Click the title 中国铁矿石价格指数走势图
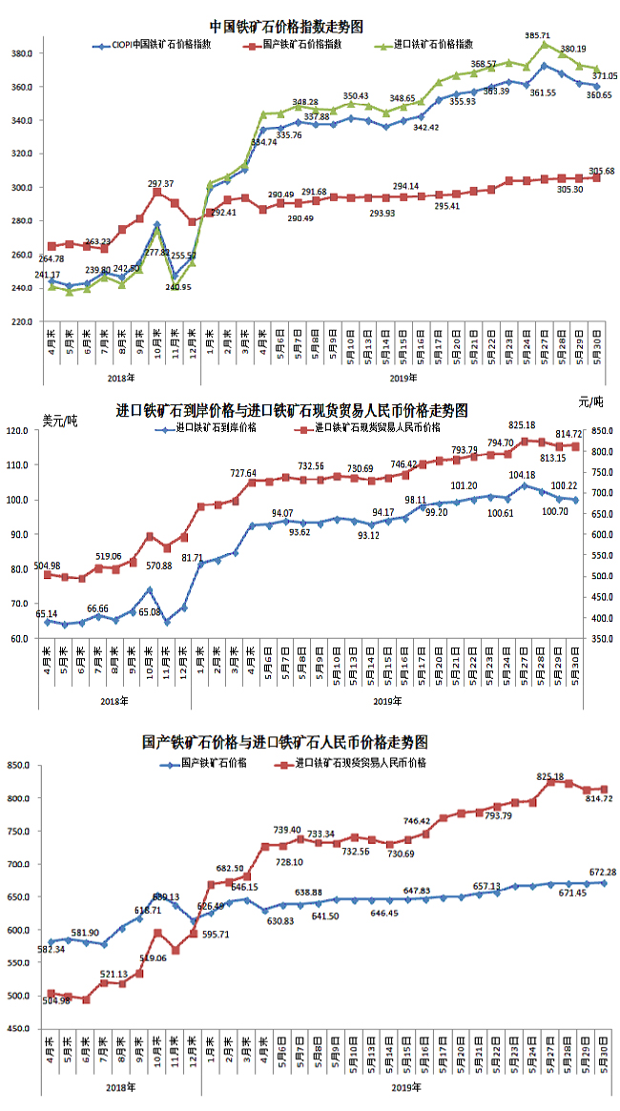click(x=286, y=26)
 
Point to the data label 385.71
click(x=539, y=34)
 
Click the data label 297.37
click(x=161, y=183)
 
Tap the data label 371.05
click(x=604, y=75)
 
